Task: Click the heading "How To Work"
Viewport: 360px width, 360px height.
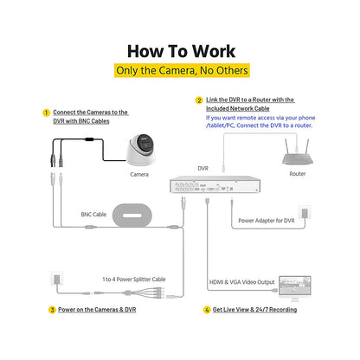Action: click(x=181, y=51)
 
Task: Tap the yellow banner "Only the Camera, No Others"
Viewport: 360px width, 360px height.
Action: click(x=182, y=70)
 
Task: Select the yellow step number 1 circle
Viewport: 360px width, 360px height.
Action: click(x=46, y=112)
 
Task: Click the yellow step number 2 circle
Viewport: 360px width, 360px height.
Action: click(x=199, y=100)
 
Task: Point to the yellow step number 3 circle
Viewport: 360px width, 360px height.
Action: click(x=52, y=310)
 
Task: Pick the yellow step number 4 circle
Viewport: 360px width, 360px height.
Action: click(x=207, y=310)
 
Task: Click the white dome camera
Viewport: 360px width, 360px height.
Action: click(x=141, y=150)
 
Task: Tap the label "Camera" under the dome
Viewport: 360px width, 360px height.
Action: click(x=139, y=175)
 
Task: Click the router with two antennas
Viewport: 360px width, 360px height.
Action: click(x=297, y=152)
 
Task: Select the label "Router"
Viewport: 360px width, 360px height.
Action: click(x=298, y=174)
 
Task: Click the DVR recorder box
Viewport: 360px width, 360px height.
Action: click(x=215, y=184)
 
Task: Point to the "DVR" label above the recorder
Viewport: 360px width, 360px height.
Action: click(x=202, y=168)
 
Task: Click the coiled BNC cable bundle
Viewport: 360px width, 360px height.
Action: click(x=132, y=215)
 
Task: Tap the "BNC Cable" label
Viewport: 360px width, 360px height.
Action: click(x=93, y=215)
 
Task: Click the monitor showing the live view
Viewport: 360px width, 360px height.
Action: click(x=295, y=288)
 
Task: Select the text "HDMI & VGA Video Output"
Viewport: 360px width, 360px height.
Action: click(x=241, y=282)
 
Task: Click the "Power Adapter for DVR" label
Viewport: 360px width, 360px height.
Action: click(x=267, y=221)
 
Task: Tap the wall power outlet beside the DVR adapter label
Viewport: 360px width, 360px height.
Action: click(x=305, y=213)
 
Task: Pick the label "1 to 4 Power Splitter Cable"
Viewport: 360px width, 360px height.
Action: click(x=134, y=280)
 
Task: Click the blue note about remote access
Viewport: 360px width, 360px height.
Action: click(x=260, y=121)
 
